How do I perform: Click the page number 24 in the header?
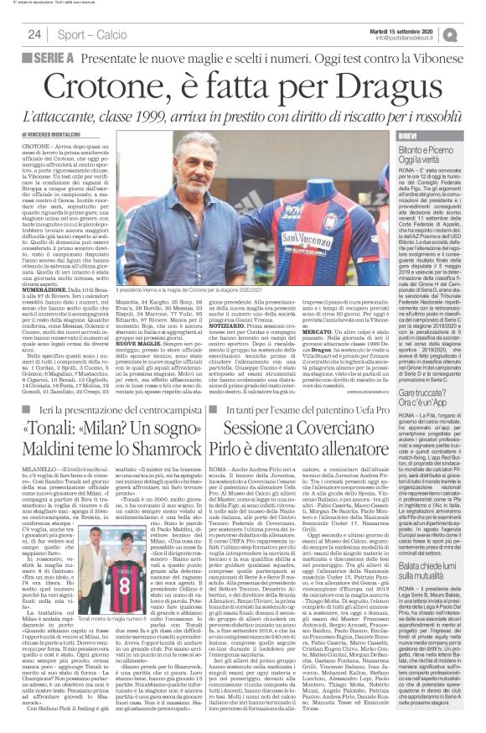pos(34,34)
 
